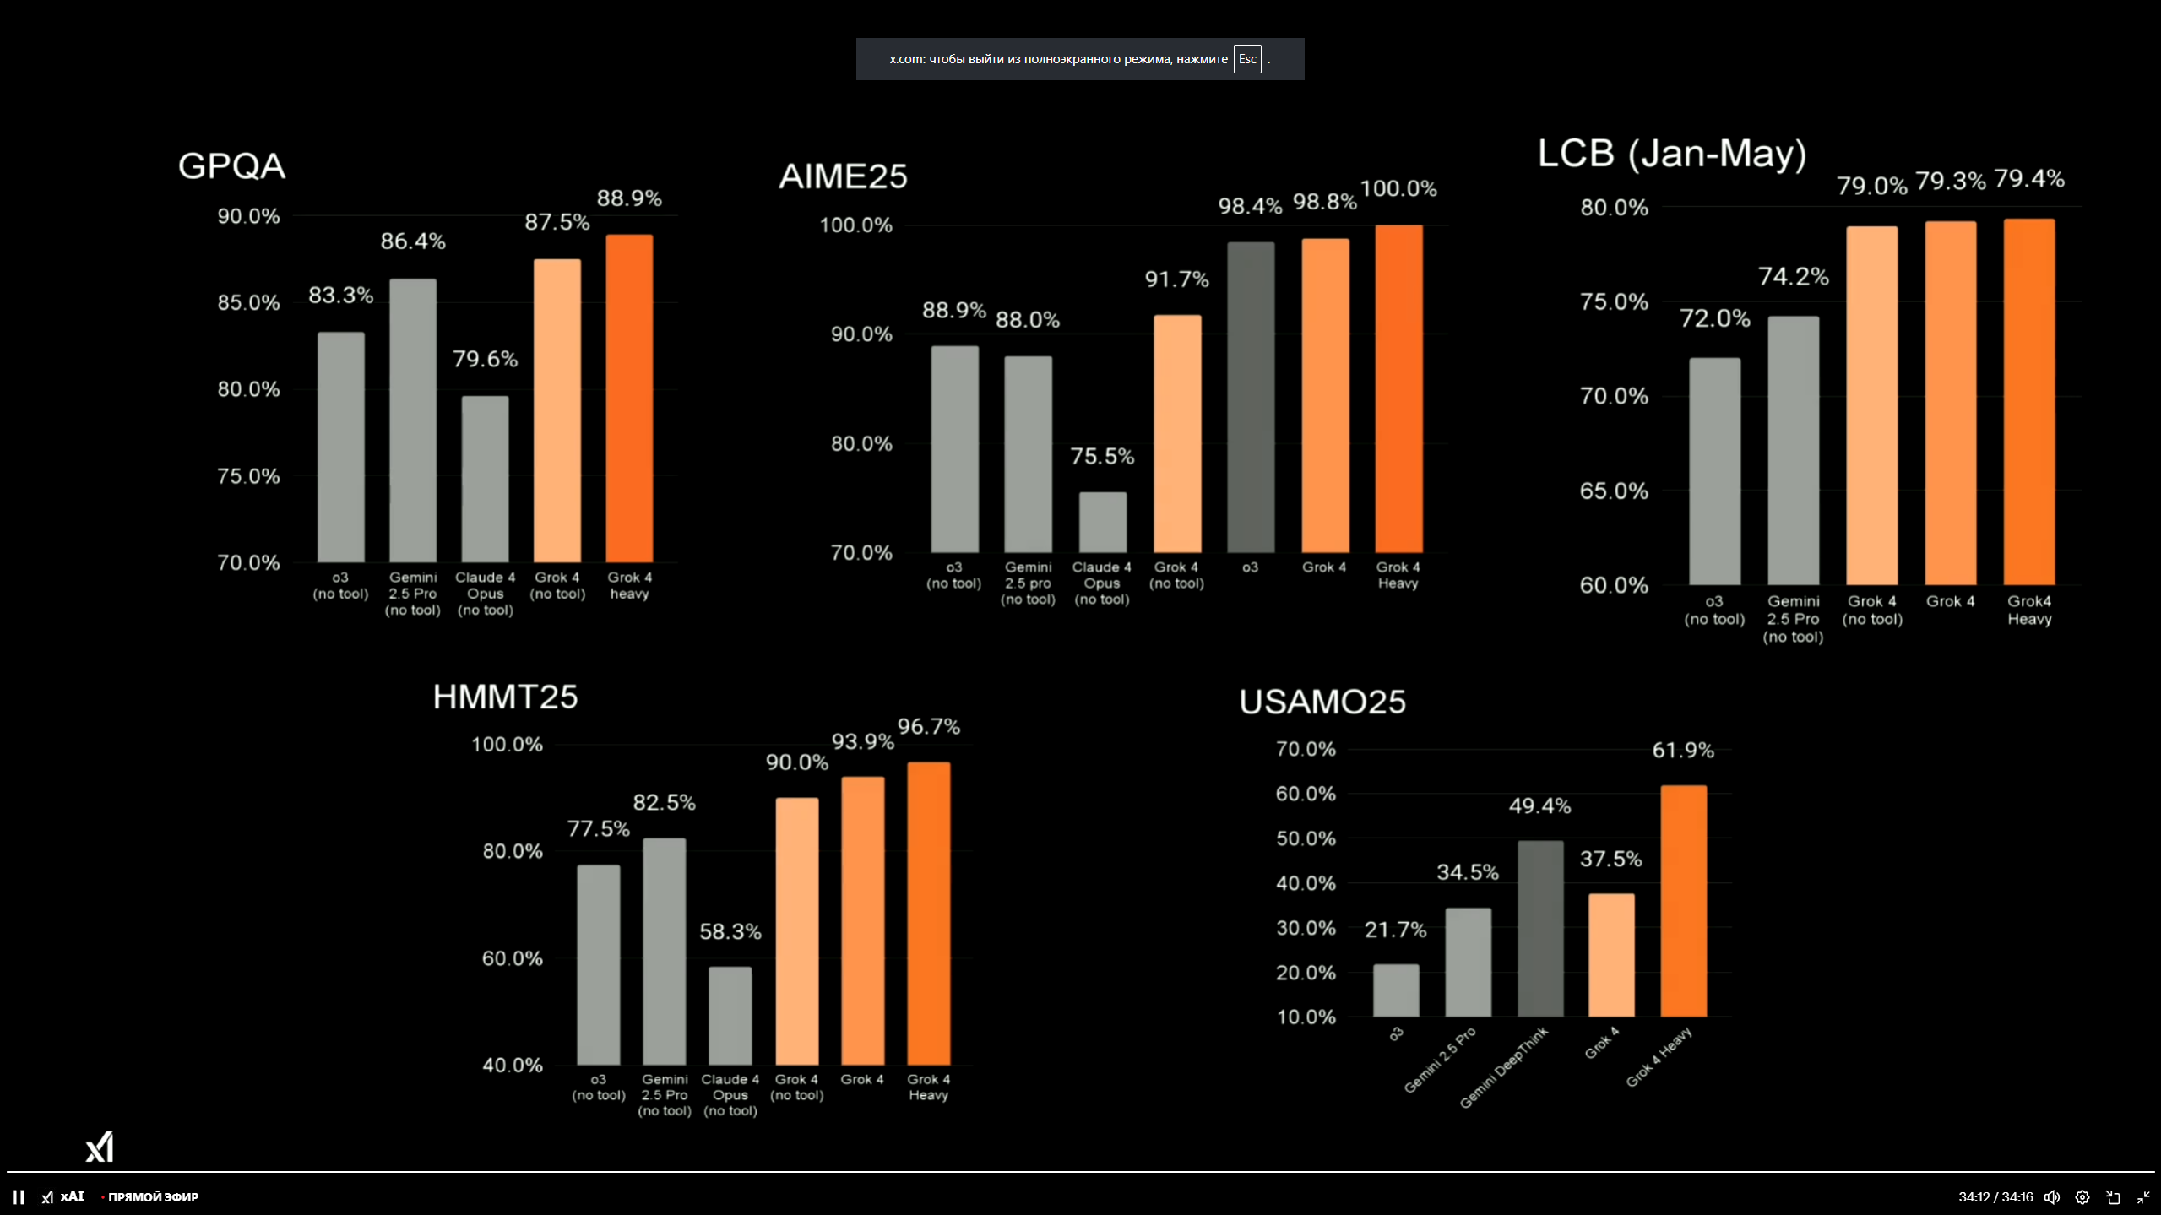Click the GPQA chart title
click(231, 165)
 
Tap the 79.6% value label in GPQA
click(485, 359)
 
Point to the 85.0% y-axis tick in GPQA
click(248, 302)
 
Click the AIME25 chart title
click(843, 176)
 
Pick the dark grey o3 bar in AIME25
click(1251, 397)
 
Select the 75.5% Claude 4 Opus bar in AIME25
click(1102, 522)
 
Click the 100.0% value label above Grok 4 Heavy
click(1398, 188)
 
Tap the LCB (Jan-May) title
click(1671, 154)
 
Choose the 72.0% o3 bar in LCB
click(1714, 470)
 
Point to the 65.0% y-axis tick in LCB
click(1614, 491)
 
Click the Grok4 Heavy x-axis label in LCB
click(2029, 610)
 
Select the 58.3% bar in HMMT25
click(730, 1015)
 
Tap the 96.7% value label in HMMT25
click(928, 726)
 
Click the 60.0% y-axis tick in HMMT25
click(512, 958)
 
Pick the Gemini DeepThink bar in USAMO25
click(1540, 928)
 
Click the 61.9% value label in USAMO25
click(1682, 750)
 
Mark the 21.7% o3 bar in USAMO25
click(1396, 990)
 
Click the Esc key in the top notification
click(1246, 59)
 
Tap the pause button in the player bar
click(19, 1196)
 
